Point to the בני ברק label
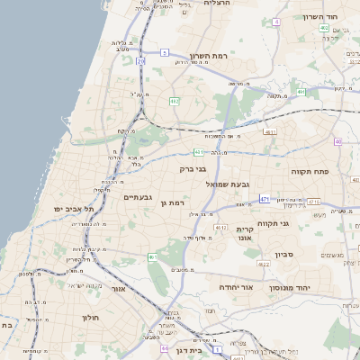(213, 168)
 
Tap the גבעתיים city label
(142, 196)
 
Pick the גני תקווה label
(271, 223)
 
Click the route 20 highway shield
(141, 60)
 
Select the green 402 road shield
(323, 28)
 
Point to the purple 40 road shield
(338, 142)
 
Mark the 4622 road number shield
(264, 265)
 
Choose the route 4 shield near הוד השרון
(276, 21)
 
